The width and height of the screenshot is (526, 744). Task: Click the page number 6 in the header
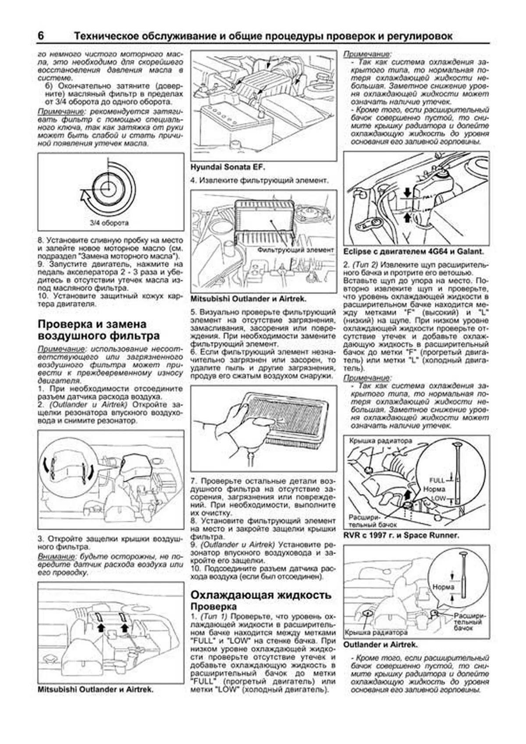coord(41,36)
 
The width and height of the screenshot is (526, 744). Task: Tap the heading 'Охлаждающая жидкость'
coord(260,595)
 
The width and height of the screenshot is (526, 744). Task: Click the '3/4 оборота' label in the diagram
coord(109,223)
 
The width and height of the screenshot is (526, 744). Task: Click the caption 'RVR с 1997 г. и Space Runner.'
coord(401,535)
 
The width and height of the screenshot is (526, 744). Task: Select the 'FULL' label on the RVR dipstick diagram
coord(437,480)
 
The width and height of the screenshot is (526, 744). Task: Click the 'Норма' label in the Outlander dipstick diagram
coord(443,587)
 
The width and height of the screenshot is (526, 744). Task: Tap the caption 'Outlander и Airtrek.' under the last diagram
coord(380,644)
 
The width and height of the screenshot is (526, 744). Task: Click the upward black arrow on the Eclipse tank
coord(408,216)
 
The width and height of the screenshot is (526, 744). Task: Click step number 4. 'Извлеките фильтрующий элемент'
coord(259,180)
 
